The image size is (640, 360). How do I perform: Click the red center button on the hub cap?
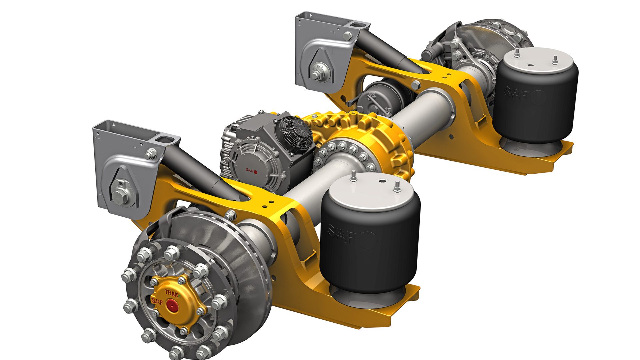pyautogui.click(x=172, y=304)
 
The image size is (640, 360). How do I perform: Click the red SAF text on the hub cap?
pyautogui.click(x=157, y=301)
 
